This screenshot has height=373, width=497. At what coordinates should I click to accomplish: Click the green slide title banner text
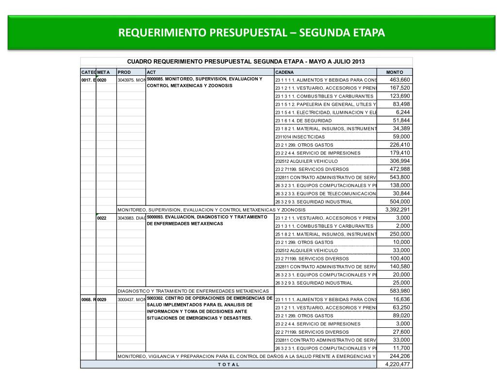tap(252, 33)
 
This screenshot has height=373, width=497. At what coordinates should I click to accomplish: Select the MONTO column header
tap(395, 72)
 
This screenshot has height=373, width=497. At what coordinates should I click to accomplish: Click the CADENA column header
tap(284, 72)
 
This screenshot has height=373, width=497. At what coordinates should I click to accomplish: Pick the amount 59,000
tap(401, 136)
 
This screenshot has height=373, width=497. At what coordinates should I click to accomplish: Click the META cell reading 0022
tap(102, 218)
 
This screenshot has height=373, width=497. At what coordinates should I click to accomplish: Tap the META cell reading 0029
tap(102, 300)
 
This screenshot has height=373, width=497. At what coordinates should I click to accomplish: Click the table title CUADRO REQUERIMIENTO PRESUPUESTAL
tap(246, 62)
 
